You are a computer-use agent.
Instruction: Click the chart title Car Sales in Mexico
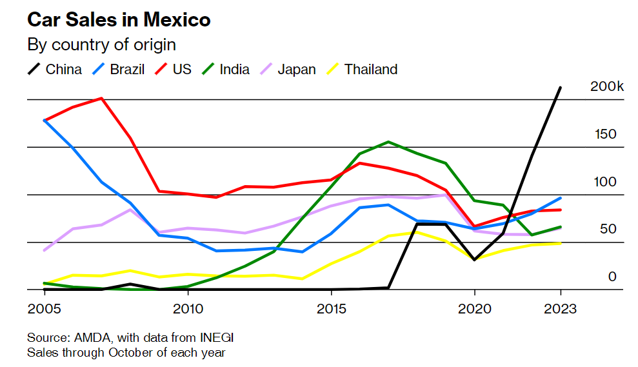tap(119, 20)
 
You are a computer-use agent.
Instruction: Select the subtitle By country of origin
tap(101, 45)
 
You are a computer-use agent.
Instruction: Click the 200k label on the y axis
tap(607, 87)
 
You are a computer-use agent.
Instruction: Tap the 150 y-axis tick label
tap(606, 134)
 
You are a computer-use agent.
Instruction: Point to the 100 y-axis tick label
tap(605, 182)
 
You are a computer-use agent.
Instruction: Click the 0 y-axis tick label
tap(613, 277)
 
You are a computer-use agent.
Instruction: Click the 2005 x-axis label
tap(44, 308)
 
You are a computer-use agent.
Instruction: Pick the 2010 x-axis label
tap(188, 308)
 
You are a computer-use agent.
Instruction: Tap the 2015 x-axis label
tap(331, 308)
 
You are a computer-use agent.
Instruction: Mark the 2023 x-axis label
tap(560, 308)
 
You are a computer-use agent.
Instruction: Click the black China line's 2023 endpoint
tap(560, 87)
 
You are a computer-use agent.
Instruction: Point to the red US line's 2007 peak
tap(101, 99)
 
